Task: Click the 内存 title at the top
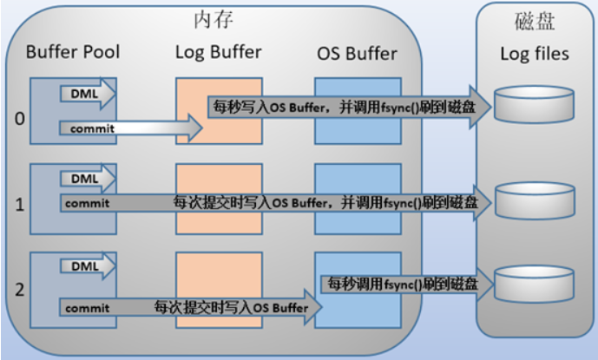pos(214,19)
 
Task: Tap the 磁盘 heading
pos(535,21)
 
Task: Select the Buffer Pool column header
pos(73,52)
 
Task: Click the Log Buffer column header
pos(218,52)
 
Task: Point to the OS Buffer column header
pos(357,54)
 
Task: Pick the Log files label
pos(535,54)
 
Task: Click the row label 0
pos(20,119)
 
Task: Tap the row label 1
pos(20,205)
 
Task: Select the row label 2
pos(20,290)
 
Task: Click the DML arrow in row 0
pos(88,94)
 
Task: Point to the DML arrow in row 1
pos(88,179)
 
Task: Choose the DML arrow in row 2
pos(88,265)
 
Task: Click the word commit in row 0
pos(92,129)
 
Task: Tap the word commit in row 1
pos(88,203)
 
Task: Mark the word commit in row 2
pos(88,308)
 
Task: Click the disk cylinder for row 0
pos(534,104)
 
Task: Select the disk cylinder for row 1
pos(535,200)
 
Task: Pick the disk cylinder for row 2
pos(534,285)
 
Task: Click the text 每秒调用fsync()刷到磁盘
pos(403,285)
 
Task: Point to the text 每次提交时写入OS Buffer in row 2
pos(231,307)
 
